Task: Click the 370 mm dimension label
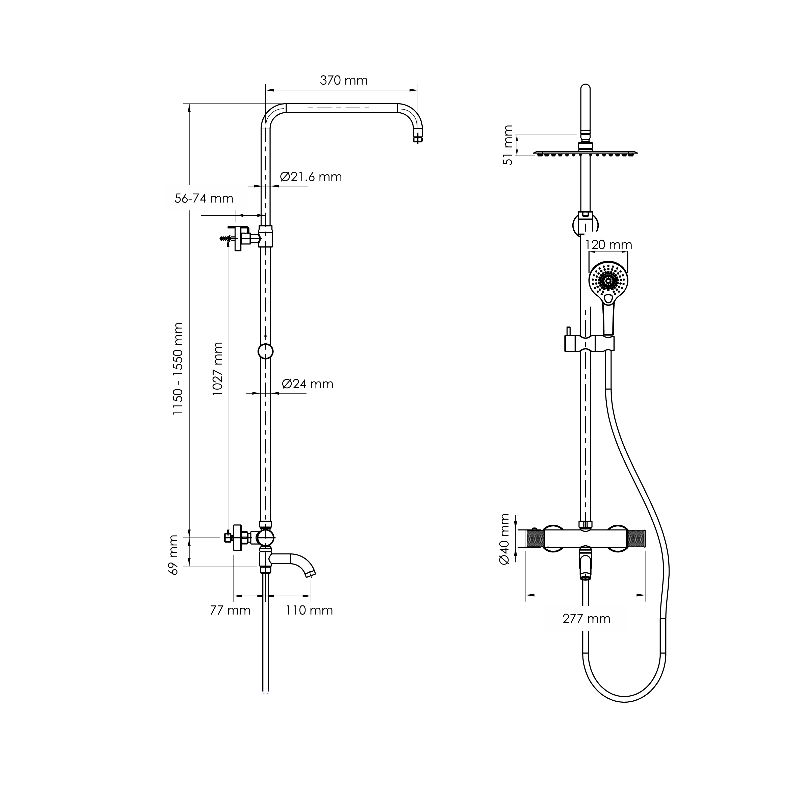pos(344,81)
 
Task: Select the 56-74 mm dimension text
pos(204,198)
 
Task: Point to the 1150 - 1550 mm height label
pos(178,369)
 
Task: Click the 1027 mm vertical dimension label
pos(217,368)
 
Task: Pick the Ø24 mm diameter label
pos(308,384)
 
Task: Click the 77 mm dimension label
pos(230,610)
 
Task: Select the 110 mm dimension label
pos(309,610)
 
